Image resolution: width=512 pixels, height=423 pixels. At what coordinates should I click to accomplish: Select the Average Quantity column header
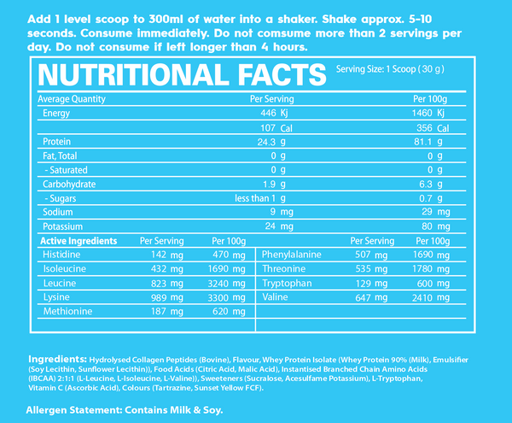(x=71, y=99)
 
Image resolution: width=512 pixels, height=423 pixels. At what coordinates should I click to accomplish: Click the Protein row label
(x=55, y=142)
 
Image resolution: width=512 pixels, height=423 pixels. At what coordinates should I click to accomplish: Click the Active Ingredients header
(x=78, y=242)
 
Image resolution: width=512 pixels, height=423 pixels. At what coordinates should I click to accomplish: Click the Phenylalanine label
(x=293, y=255)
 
